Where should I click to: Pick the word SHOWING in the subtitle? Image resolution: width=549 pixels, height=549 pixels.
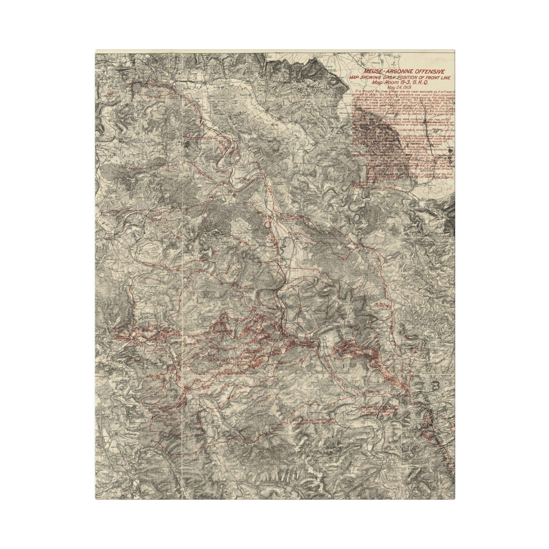(371, 78)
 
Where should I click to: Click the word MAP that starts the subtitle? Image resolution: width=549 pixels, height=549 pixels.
(354, 78)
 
